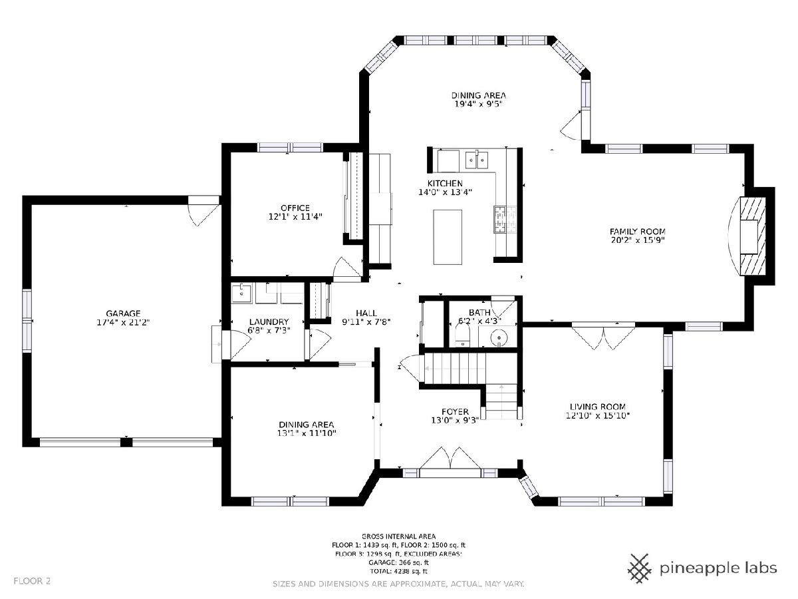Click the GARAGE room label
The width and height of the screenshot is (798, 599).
click(123, 313)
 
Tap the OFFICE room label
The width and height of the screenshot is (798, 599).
click(295, 208)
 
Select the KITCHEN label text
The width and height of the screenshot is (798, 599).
click(445, 183)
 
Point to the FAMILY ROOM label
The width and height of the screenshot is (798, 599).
click(638, 232)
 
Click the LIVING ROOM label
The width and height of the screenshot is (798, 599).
click(598, 407)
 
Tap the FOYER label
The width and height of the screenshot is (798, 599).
click(455, 412)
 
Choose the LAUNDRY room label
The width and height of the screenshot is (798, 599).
click(269, 322)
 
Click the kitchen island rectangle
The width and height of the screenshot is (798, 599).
click(448, 237)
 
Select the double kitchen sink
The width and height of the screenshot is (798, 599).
click(477, 160)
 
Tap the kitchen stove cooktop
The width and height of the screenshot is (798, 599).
click(505, 219)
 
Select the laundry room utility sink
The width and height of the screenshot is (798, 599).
click(242, 294)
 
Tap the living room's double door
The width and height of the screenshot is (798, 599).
click(604, 337)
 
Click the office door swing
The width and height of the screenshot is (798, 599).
click(348, 270)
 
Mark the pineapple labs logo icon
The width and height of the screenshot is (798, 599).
click(640, 568)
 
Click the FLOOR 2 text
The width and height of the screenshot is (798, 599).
click(32, 581)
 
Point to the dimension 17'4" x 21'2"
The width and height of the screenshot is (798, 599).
click(123, 322)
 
